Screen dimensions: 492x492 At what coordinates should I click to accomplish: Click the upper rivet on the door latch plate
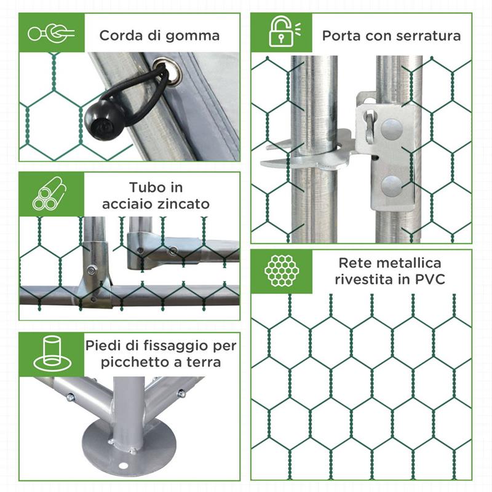392,129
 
